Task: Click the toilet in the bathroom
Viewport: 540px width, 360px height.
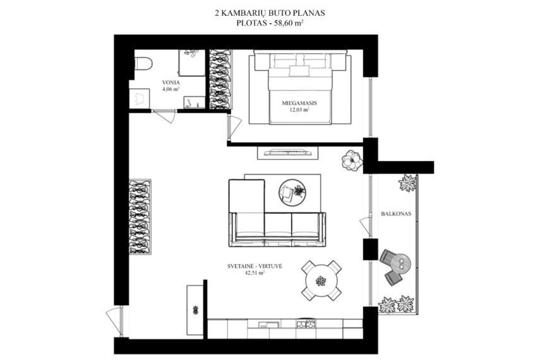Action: point(143,64)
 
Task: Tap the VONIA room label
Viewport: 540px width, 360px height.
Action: point(171,83)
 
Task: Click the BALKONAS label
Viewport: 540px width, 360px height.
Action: point(396,213)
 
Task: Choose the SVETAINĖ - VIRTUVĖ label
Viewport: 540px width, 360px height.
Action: point(255,266)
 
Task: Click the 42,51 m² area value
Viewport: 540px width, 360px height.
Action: point(255,273)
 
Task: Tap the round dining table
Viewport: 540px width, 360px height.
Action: point(321,280)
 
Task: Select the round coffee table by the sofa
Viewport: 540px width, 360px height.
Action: point(292,193)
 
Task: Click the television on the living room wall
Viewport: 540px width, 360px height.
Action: point(287,152)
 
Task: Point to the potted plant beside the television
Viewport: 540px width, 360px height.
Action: point(352,160)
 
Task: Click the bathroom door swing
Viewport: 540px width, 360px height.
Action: point(164,116)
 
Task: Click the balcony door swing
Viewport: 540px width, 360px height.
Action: point(366,226)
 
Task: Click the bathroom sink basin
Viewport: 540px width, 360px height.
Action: point(140,98)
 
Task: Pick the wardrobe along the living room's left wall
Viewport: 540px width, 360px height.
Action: point(140,217)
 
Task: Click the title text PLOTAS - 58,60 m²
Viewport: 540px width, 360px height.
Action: point(270,23)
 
